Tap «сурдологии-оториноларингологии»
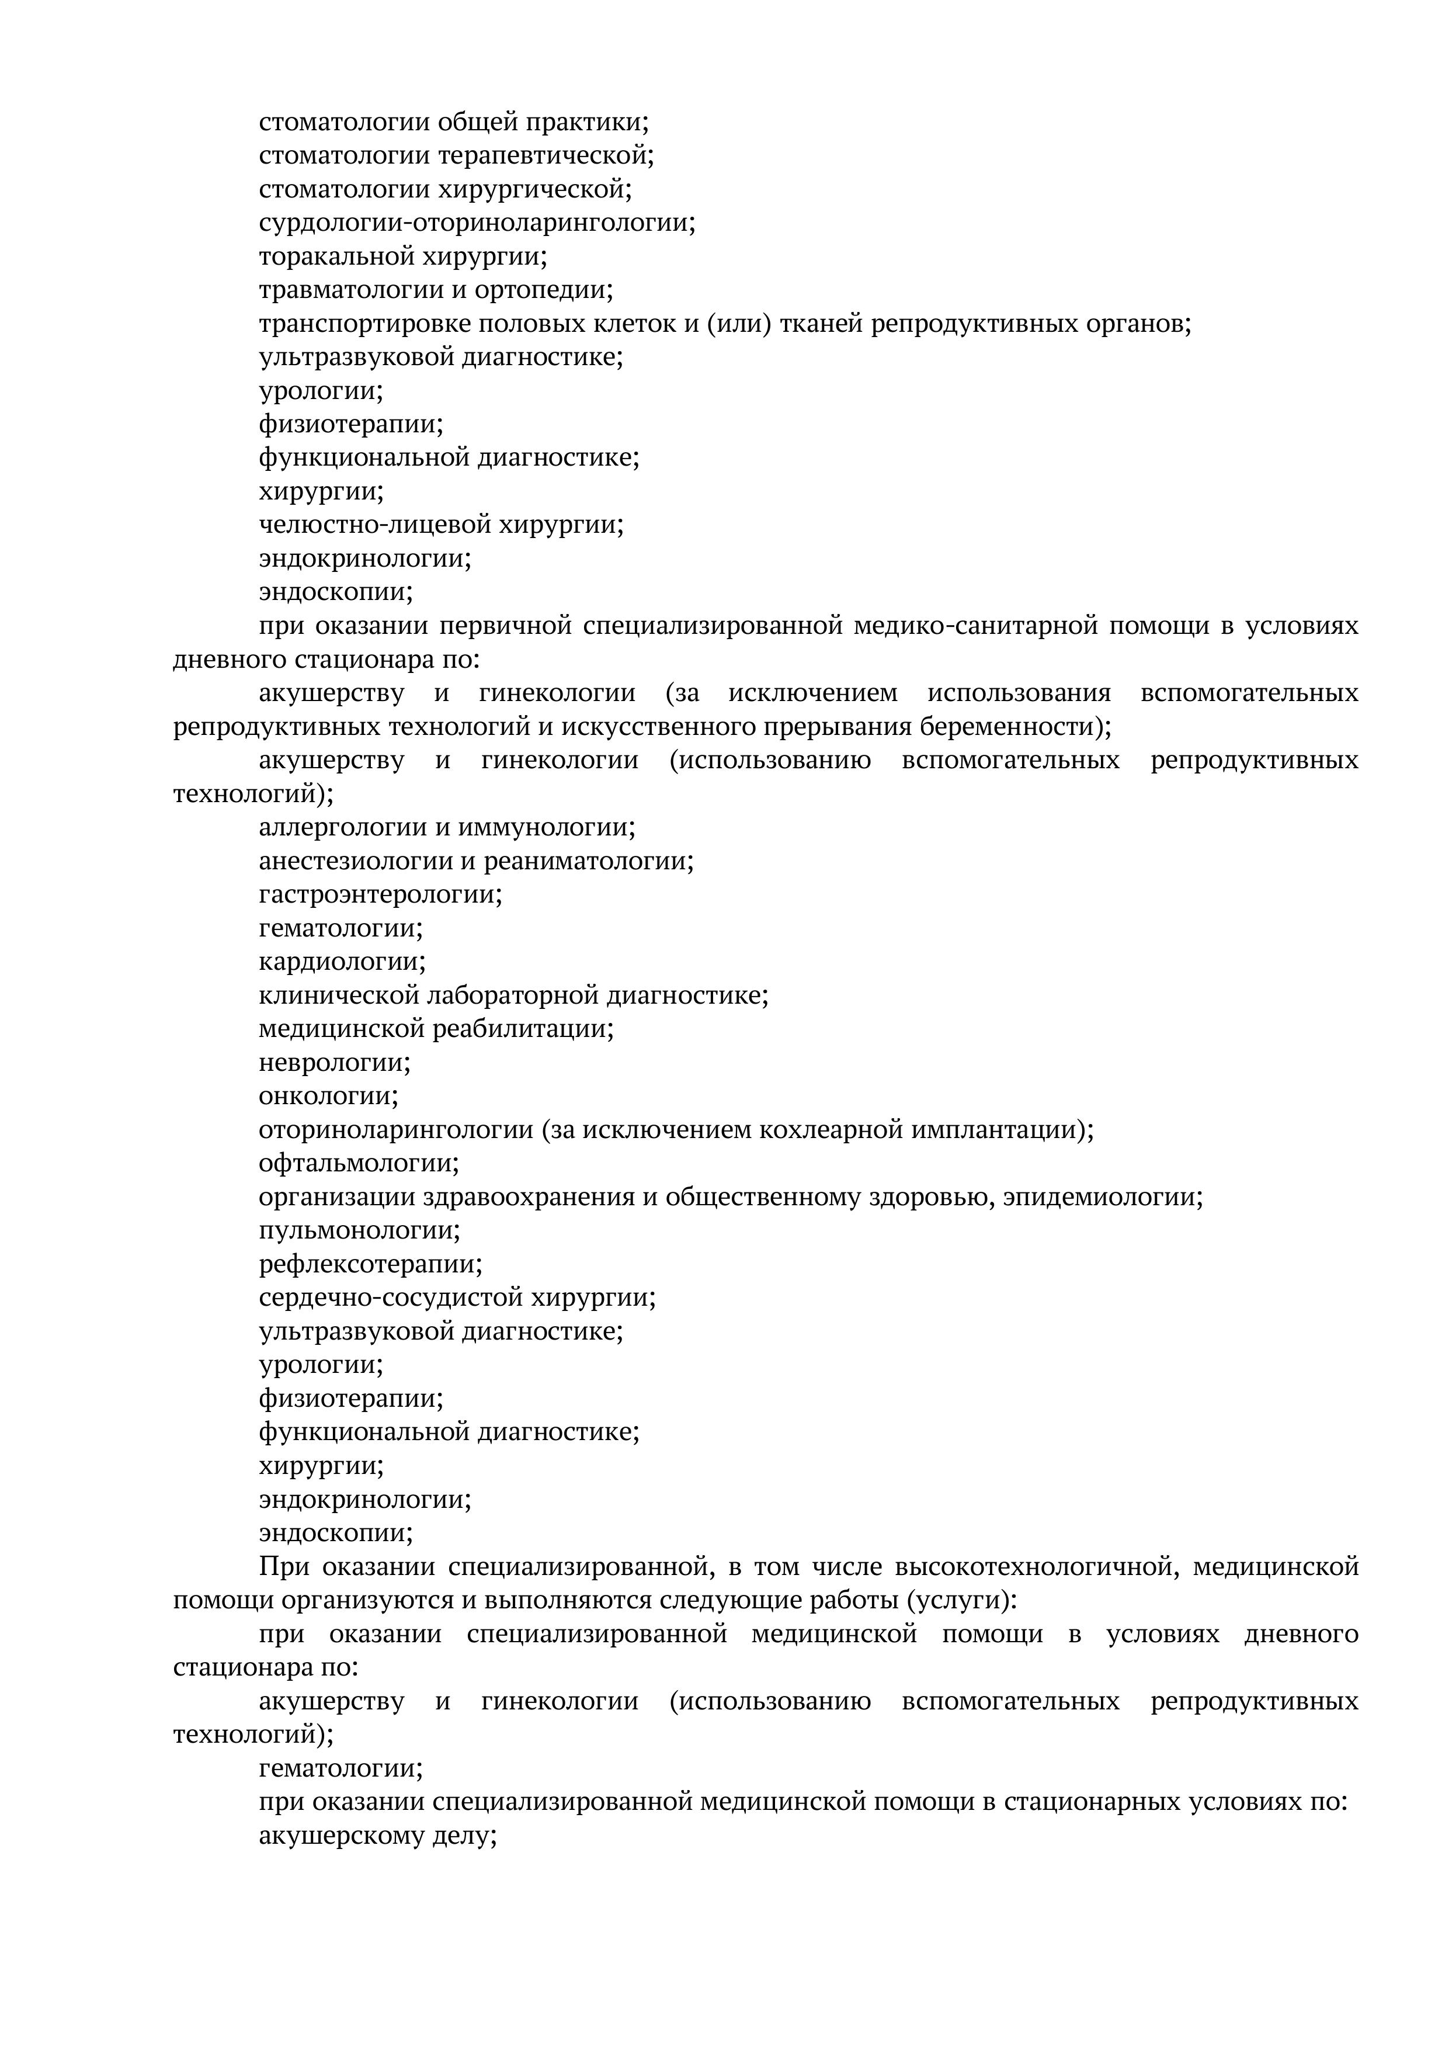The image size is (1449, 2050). click(x=477, y=223)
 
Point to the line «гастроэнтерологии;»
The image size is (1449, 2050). click(x=380, y=894)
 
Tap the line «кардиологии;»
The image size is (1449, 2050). click(x=342, y=962)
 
